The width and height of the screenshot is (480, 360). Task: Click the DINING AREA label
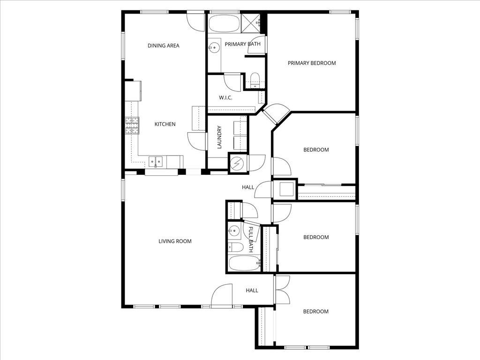[164, 46]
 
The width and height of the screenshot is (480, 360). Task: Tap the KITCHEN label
[165, 124]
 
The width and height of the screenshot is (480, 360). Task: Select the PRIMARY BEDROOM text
[312, 63]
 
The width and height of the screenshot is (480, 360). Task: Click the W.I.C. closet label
[226, 98]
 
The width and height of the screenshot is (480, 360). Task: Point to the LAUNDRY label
[219, 137]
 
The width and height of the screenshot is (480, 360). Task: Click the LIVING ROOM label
[175, 241]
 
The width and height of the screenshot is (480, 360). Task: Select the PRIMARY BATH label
[242, 45]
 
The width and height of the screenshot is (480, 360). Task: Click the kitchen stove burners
[132, 126]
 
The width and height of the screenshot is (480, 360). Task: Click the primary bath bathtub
[224, 23]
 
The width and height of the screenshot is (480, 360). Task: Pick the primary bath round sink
[215, 47]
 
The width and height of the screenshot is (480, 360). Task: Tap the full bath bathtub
[244, 263]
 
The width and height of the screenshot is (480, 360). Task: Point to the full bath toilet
[236, 247]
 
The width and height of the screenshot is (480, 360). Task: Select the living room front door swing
[221, 296]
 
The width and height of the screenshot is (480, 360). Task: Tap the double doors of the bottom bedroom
[283, 289]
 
